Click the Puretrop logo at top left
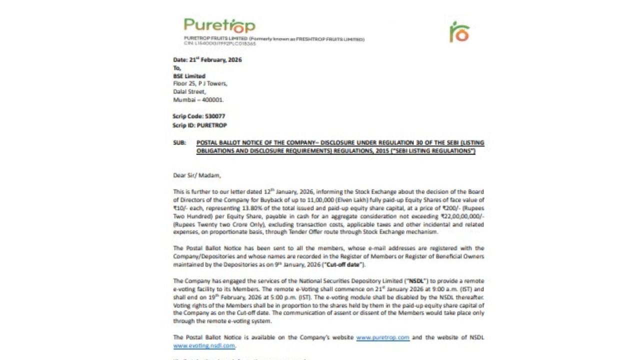219,25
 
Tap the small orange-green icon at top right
459,32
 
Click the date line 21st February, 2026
207,59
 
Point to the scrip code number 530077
215,116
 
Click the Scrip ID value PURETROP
211,125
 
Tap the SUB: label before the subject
179,142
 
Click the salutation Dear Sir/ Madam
196,175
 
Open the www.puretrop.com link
382,337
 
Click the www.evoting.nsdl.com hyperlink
204,345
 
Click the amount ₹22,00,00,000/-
462,216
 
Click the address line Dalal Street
189,91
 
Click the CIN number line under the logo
219,43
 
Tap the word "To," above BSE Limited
177,68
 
